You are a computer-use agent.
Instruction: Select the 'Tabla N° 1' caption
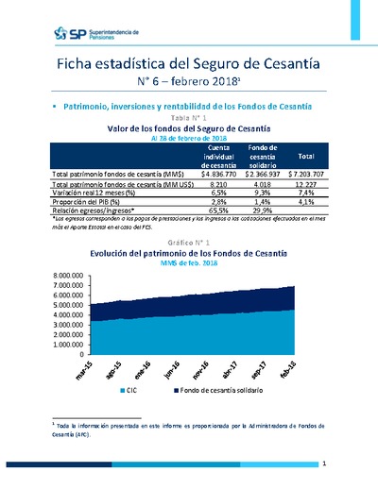click(189, 117)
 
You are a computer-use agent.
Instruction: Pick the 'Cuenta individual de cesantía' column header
click(219, 155)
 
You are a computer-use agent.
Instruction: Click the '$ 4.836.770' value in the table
click(219, 176)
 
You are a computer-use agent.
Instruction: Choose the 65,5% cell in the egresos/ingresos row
click(219, 211)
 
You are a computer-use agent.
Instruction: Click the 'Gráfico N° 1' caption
click(189, 244)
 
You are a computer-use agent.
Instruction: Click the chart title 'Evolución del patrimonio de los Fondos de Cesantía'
click(189, 254)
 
